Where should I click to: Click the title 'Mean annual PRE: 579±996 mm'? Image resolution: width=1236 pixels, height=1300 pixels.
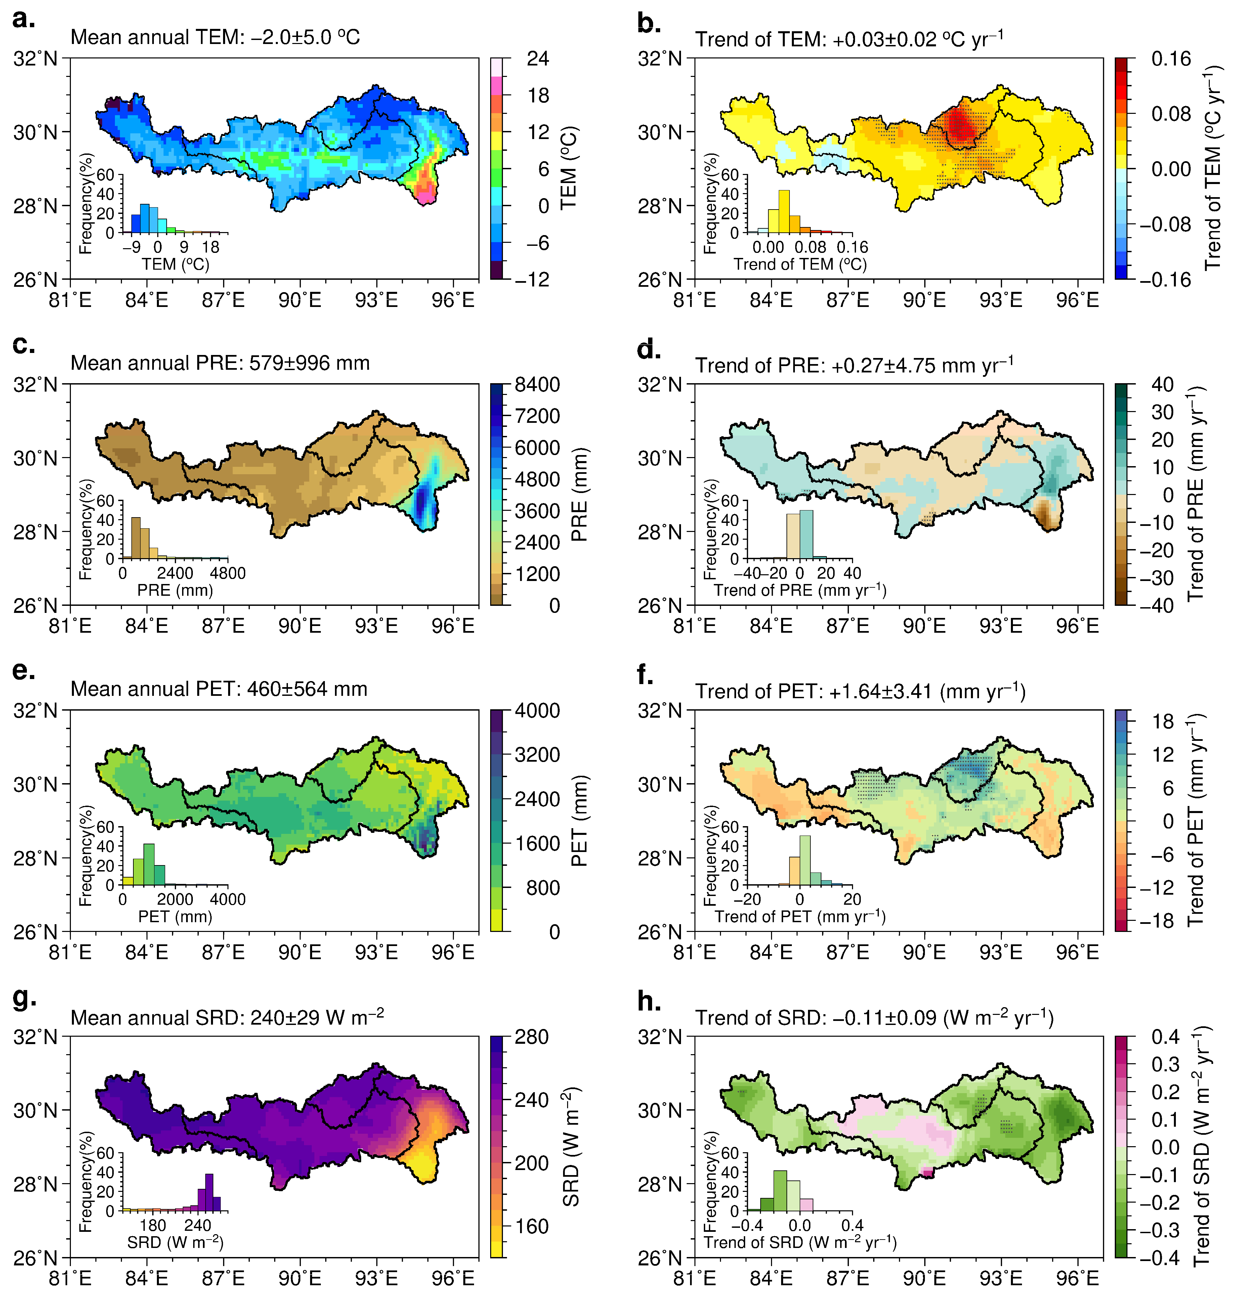220,363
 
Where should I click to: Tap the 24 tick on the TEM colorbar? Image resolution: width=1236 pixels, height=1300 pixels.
538,59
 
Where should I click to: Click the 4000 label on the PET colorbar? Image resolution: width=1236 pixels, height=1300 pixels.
537,711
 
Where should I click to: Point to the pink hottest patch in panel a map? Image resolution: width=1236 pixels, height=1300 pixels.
427,194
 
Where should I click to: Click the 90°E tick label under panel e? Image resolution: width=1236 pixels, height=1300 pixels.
300,952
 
